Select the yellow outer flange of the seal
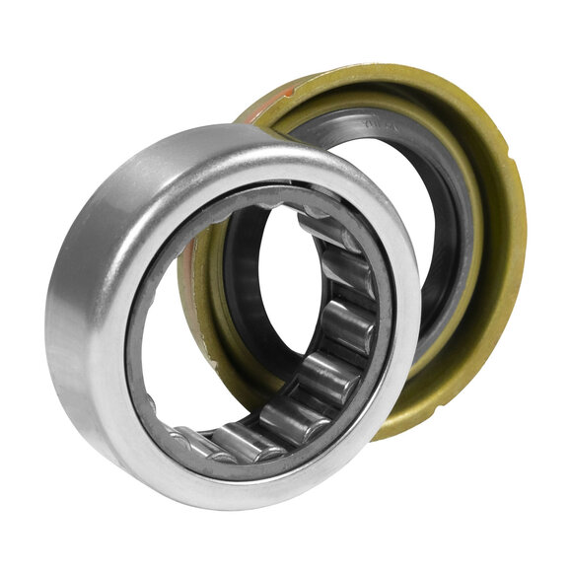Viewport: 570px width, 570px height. tap(493, 296)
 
